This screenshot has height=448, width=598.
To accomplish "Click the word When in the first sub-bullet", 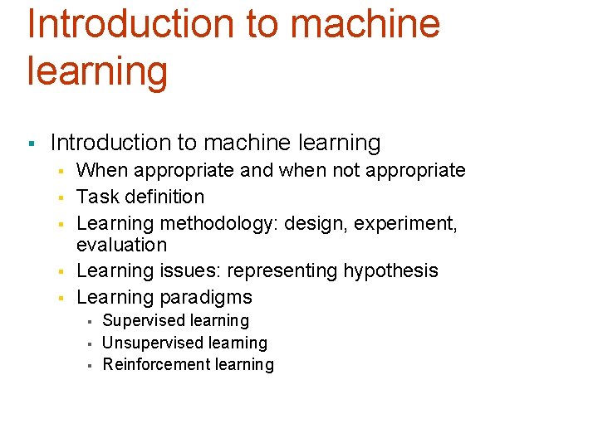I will click(x=100, y=171).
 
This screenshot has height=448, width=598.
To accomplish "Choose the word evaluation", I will click(x=121, y=245).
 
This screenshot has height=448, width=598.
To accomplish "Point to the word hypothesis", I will click(x=393, y=271).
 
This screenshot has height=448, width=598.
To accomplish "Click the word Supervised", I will click(x=142, y=321).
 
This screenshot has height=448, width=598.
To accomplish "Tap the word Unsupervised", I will click(x=149, y=343).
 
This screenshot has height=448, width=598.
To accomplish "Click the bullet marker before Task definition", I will click(x=61, y=198).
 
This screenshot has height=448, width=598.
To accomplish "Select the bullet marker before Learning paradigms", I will click(x=61, y=299).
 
